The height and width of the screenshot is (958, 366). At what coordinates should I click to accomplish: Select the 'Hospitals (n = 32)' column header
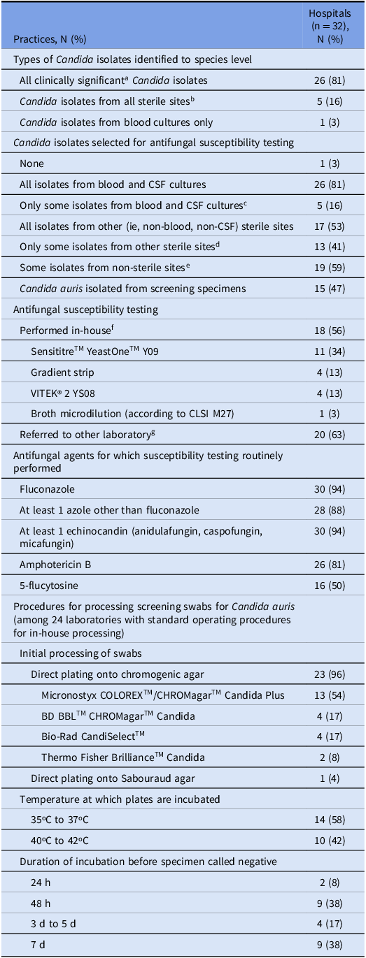coord(328,24)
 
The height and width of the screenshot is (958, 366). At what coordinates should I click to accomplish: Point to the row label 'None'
coord(31,164)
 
